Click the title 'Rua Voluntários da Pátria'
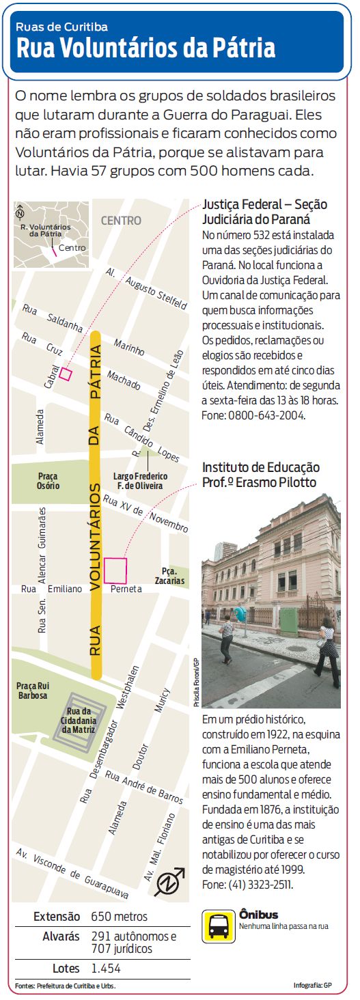146,49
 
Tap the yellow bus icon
219,926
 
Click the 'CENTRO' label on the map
121,221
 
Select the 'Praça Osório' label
49,481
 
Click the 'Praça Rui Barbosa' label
33,691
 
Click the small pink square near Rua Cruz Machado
66,373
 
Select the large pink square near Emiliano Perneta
115,570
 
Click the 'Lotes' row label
66,968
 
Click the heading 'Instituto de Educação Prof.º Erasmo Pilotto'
261,475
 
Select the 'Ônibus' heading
259,914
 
